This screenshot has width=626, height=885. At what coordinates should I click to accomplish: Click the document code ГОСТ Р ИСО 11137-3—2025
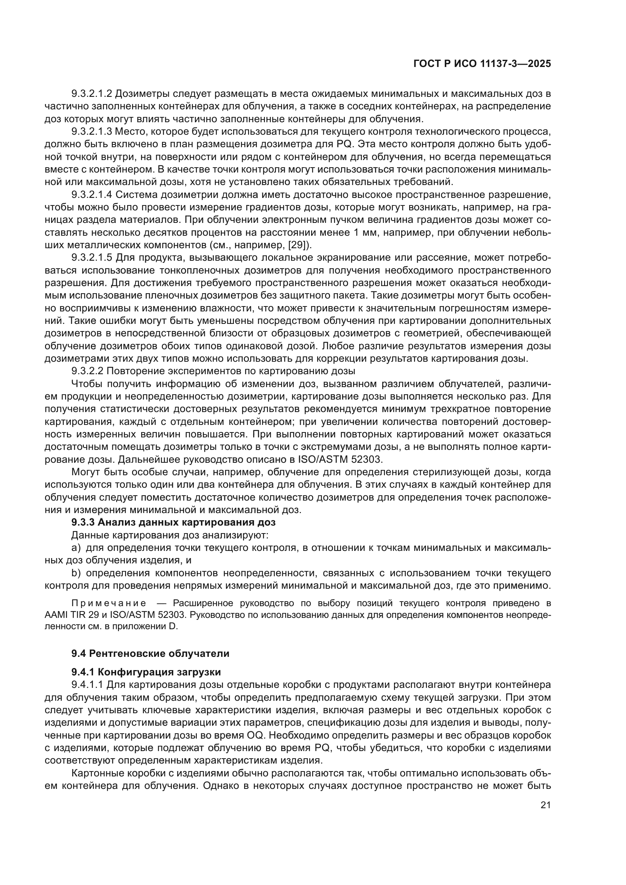coord(482,64)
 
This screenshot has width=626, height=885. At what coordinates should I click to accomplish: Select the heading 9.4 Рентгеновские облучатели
coord(150,654)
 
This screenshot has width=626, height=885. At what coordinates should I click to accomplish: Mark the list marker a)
coord(76,548)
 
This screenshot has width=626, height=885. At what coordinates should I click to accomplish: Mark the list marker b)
coord(76,573)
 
